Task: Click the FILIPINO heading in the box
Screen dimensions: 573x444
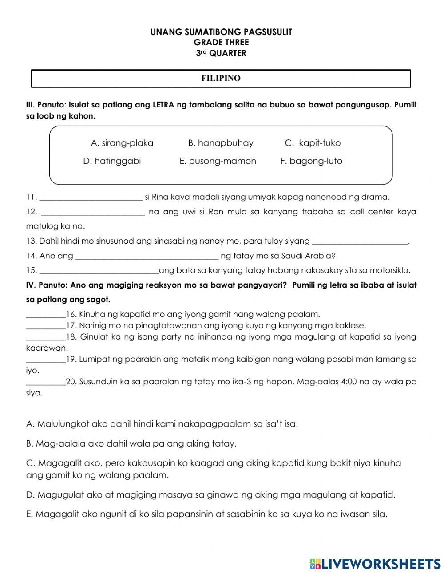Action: [x=221, y=79]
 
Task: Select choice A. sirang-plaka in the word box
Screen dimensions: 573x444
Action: [x=122, y=143]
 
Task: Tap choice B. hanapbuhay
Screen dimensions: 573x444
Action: [x=221, y=143]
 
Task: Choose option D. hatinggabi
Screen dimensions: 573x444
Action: [x=112, y=161]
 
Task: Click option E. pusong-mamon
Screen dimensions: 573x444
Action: [x=218, y=161]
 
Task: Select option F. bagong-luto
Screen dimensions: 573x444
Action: [x=311, y=161]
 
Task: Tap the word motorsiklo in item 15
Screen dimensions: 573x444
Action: [x=390, y=270]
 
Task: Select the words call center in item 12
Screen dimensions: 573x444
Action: [x=372, y=212]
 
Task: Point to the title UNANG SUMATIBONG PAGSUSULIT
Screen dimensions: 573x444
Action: [x=221, y=32]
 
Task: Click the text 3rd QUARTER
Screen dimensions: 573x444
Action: [x=221, y=53]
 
